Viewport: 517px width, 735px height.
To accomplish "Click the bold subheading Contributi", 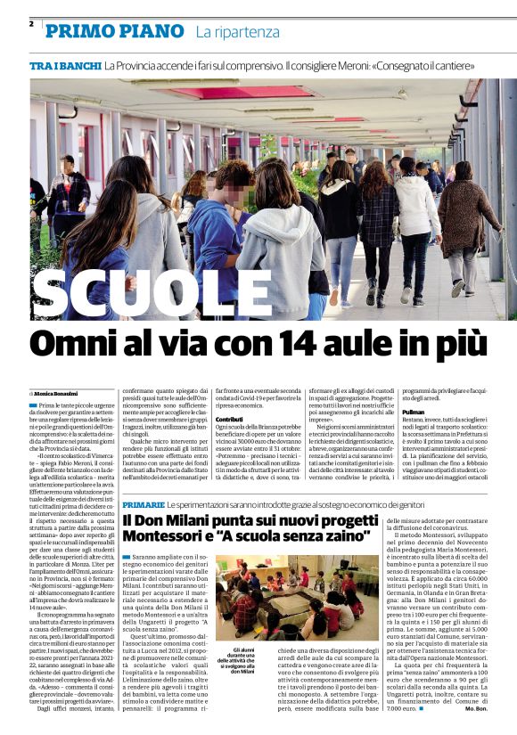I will [x=229, y=418].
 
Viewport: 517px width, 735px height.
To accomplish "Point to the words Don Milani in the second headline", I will [x=180, y=519].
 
